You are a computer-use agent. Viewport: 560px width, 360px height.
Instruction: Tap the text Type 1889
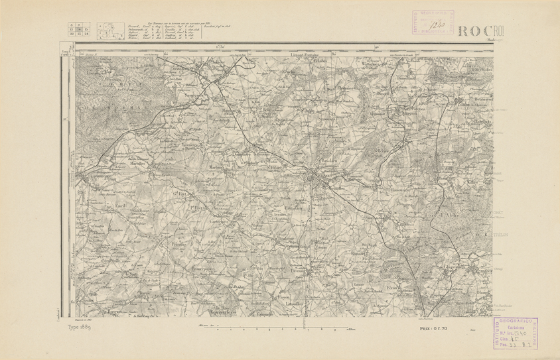[x=81, y=327]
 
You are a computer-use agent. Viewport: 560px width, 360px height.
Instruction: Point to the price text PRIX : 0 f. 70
[x=434, y=328]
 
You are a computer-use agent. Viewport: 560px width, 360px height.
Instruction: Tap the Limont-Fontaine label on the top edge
[x=306, y=54]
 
